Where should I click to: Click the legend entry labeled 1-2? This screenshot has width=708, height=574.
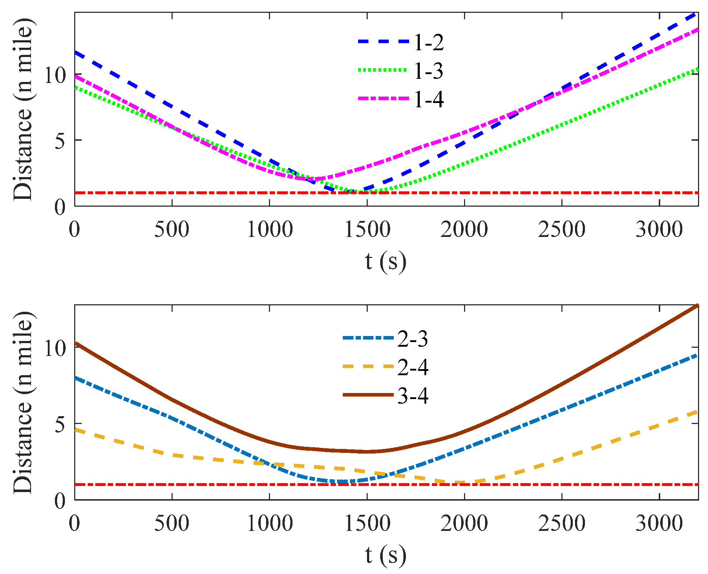pos(429,43)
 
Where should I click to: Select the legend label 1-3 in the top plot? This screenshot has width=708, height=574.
pos(429,71)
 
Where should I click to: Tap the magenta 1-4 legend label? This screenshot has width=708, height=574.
pos(429,99)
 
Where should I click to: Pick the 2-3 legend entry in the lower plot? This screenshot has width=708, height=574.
pos(413,339)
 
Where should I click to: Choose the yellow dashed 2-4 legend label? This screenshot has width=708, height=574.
pos(413,367)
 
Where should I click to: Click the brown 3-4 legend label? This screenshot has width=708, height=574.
pos(413,396)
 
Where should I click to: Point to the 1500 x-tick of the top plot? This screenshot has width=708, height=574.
pos(367,229)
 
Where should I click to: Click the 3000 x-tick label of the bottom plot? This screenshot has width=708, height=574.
pos(659,523)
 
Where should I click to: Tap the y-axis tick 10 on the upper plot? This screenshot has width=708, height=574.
pos(55,76)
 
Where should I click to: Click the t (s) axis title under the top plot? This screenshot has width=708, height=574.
pos(386,262)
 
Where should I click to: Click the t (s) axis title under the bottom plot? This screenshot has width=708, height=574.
pos(386,555)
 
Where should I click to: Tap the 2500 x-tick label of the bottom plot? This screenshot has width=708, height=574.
pos(562,523)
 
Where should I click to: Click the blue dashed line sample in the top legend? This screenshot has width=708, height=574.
pos(383,42)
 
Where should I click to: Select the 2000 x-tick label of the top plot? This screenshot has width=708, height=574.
pos(464,229)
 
